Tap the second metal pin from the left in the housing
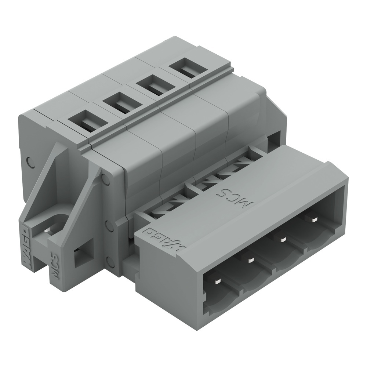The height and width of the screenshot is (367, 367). (251, 260)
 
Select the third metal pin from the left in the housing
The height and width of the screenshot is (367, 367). (282, 239)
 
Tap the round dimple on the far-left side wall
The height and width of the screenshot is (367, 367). (31, 162)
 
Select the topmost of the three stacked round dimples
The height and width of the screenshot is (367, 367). (106, 179)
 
